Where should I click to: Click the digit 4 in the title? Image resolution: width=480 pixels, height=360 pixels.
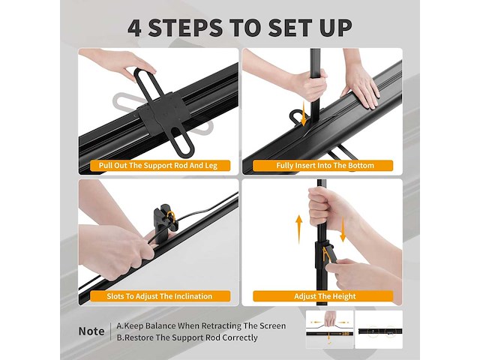pos(135,28)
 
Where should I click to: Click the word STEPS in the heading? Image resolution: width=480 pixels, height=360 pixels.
pos(185,28)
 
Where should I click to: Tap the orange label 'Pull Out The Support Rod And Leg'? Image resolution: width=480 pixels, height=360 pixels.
pos(158,166)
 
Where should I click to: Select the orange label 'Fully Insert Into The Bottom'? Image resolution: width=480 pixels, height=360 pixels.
pos(325,166)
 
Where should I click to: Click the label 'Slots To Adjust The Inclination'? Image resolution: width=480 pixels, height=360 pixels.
pos(160,296)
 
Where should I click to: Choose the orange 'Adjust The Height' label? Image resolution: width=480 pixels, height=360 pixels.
pos(325,296)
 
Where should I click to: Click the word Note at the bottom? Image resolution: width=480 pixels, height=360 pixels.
pos(91,331)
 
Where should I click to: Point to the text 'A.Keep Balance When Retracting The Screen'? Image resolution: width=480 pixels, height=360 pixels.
pos(201,325)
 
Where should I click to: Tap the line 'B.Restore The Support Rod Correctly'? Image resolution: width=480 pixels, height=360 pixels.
pos(187,337)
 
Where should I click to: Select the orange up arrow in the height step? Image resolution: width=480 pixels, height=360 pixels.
pos(298,229)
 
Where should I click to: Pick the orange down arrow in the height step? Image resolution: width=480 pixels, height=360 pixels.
pos(343,229)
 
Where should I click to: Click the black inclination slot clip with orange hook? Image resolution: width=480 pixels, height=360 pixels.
pos(165,221)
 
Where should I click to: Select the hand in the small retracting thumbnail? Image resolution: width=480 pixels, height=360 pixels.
pos(330,319)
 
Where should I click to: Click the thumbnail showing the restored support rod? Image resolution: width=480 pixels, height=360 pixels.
pos(379,329)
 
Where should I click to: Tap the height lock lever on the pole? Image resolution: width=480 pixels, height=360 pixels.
pos(328,253)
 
